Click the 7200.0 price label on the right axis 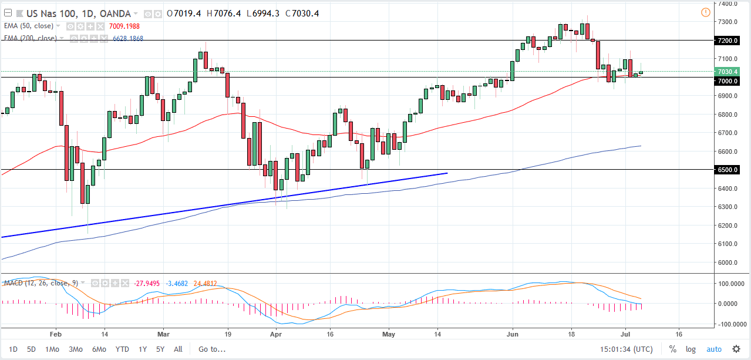click(x=727, y=41)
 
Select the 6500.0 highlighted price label click(x=727, y=170)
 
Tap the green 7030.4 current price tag click(x=727, y=72)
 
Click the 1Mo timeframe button click(x=52, y=349)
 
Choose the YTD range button click(x=122, y=349)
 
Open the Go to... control click(x=211, y=349)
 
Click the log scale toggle click(x=691, y=349)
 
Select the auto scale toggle click(x=713, y=349)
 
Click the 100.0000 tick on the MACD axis click(x=728, y=283)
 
